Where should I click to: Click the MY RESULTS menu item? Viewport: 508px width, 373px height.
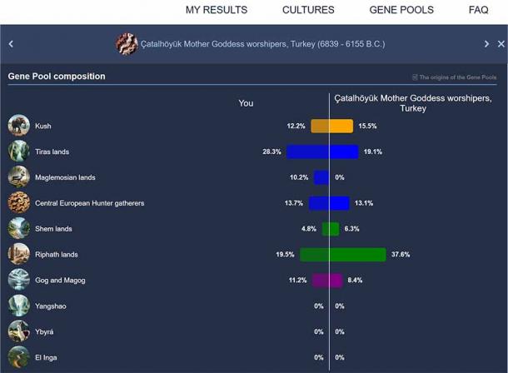[216, 10]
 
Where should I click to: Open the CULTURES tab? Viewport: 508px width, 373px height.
[308, 10]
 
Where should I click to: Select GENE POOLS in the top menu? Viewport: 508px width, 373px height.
[401, 10]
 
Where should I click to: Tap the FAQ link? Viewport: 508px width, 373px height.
[478, 10]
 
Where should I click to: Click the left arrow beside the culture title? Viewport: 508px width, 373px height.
[11, 44]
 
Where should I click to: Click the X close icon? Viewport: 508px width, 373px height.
[502, 44]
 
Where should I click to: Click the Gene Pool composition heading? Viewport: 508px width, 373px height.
[57, 77]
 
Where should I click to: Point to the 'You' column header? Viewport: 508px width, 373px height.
[246, 103]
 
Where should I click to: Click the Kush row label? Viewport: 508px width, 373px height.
[42, 127]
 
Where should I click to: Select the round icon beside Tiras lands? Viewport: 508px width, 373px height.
[18, 152]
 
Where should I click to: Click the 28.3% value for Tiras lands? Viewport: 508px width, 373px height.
[271, 152]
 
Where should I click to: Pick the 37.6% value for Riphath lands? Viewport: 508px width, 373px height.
[401, 255]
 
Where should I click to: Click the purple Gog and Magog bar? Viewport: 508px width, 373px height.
[326, 281]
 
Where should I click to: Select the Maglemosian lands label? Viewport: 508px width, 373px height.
[65, 177]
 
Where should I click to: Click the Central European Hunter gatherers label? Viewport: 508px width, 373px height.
[89, 203]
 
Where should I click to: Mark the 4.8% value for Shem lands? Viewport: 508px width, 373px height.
[308, 229]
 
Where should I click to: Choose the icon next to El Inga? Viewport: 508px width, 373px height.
[18, 357]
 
